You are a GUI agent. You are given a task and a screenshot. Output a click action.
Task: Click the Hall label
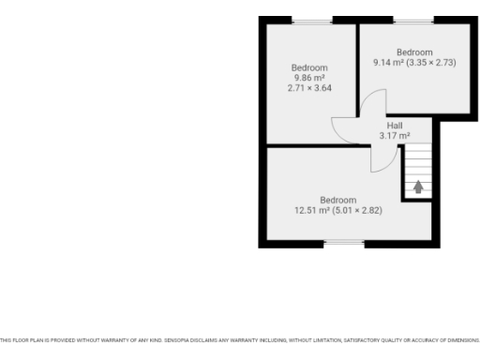pos(395,126)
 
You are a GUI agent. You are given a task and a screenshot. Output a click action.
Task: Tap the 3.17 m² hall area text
pos(395,136)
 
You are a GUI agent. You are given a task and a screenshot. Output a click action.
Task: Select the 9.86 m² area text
pos(309,78)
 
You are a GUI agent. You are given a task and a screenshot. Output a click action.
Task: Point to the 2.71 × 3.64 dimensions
pos(309,88)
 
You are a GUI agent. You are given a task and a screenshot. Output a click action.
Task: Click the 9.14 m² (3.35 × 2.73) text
pos(414,63)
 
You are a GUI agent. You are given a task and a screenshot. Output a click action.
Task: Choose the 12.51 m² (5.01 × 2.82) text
pos(338,210)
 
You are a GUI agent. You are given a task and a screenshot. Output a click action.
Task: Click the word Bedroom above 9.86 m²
pos(309,67)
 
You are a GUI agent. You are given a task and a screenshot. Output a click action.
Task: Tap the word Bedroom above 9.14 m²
pos(414,52)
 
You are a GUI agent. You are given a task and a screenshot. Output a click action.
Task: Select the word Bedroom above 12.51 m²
pos(338,200)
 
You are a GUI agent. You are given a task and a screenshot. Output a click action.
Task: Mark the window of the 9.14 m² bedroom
pos(413,21)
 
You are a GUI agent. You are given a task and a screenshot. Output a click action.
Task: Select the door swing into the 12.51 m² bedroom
pos(382,160)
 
